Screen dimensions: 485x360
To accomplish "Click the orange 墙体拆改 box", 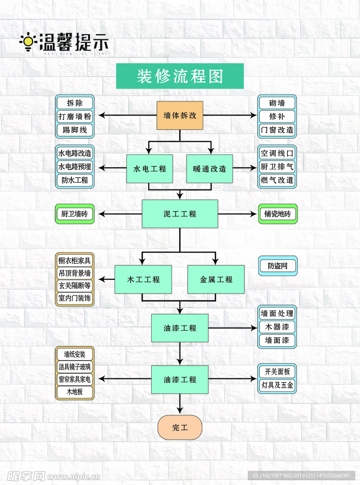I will point(180,116).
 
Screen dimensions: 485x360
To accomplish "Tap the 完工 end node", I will point(180,428).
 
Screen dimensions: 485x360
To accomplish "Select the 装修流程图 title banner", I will point(180,76).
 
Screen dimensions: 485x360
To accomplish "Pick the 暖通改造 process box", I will point(209,169).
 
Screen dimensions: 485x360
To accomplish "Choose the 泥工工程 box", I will point(180,214).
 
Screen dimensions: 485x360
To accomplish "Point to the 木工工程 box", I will point(144,279).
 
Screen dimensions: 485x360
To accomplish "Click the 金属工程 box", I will point(216,279).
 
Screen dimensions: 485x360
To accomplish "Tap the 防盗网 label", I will point(278,266).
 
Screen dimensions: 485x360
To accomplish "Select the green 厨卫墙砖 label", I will point(75,214).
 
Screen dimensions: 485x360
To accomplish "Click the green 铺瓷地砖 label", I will point(278,214).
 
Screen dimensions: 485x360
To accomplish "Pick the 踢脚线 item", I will point(75,130).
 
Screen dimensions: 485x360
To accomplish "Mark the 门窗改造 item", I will point(277,130).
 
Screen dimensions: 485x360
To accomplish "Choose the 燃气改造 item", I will point(277,180).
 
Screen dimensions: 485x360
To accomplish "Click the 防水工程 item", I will point(75,180).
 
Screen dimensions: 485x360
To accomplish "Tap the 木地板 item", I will point(75,392).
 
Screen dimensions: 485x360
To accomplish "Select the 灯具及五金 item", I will point(277,386).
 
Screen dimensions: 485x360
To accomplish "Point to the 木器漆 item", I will point(277,327).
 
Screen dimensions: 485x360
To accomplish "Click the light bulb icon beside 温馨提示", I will point(28,42).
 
